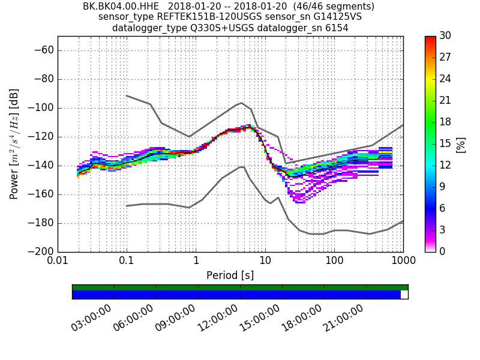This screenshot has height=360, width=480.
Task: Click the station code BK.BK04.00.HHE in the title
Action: [121, 7]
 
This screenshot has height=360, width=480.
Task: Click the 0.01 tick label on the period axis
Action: [58, 262]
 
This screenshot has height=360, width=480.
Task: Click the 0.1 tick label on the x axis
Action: [127, 262]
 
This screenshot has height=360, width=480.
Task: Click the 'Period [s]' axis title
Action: [230, 275]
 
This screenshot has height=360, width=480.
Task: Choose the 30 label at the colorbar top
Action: [446, 36]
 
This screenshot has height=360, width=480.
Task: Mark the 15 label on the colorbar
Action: [446, 144]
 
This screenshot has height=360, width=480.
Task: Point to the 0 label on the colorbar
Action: [443, 251]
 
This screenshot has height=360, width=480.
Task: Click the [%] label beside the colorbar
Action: [461, 144]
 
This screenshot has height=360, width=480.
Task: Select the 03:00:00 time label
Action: [92, 318]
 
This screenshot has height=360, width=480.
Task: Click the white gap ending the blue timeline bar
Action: [404, 295]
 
